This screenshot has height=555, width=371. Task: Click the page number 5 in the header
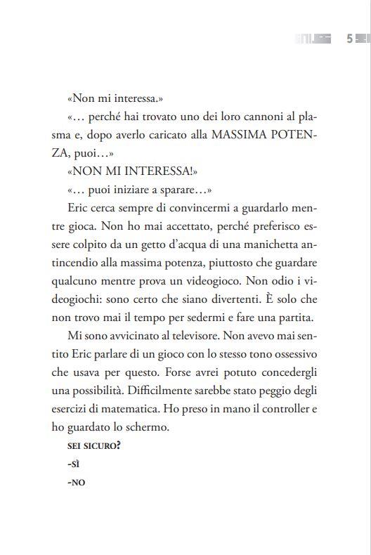point(349,39)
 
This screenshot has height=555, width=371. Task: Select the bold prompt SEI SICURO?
point(93,445)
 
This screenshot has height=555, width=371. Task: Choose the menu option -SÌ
point(72,464)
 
